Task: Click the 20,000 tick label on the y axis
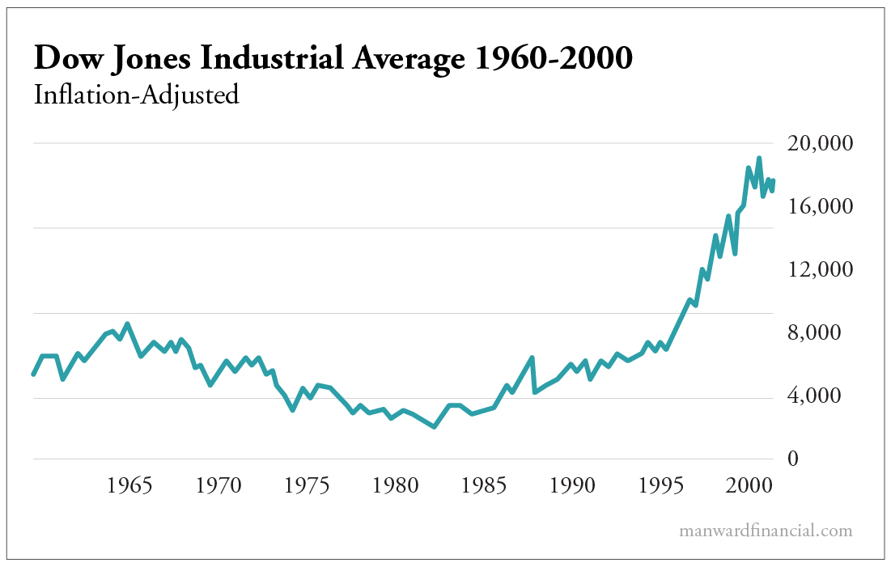pyautogui.click(x=820, y=144)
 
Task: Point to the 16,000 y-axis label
pyautogui.click(x=820, y=207)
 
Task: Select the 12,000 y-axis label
pyautogui.click(x=820, y=270)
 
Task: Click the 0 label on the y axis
pyautogui.click(x=793, y=459)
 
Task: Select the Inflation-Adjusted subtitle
pyautogui.click(x=136, y=95)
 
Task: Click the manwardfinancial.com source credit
pyautogui.click(x=766, y=531)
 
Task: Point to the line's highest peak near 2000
pyautogui.click(x=758, y=159)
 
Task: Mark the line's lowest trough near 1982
pyautogui.click(x=435, y=426)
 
